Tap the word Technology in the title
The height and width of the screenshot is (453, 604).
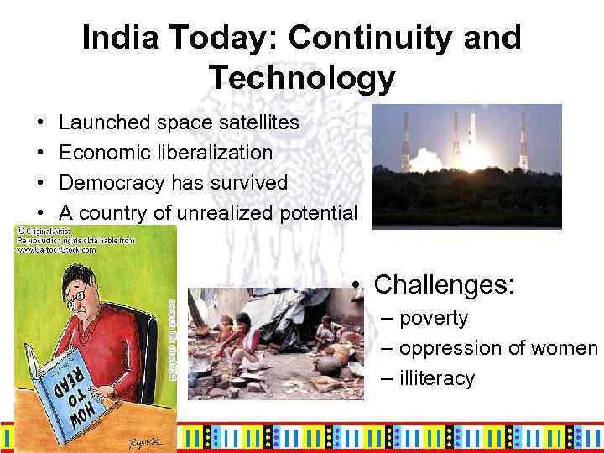pyautogui.click(x=302, y=78)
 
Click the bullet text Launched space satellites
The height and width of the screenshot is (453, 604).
pyautogui.click(x=179, y=123)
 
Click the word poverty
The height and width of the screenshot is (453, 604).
pyautogui.click(x=434, y=318)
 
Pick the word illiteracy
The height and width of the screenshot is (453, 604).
pyautogui.click(x=436, y=378)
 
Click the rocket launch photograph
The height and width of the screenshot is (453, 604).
pyautogui.click(x=466, y=166)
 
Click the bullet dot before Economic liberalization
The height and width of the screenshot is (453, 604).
pyautogui.click(x=42, y=153)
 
